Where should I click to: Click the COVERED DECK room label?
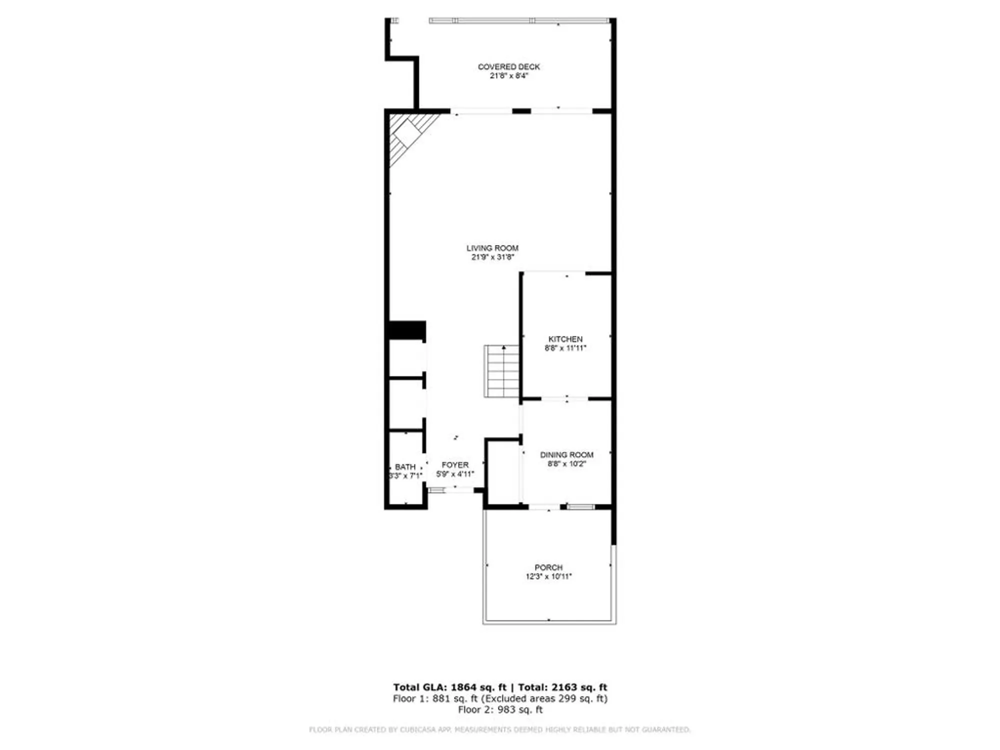click(x=508, y=66)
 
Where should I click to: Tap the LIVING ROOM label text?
click(x=492, y=248)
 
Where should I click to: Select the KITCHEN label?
click(x=565, y=339)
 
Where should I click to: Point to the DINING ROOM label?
click(x=566, y=454)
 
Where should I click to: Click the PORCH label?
click(x=548, y=567)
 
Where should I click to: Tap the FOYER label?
click(x=455, y=465)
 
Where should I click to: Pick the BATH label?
click(x=405, y=467)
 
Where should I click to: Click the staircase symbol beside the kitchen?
click(x=502, y=371)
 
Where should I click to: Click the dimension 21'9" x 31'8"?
click(x=492, y=257)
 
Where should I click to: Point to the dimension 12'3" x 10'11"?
click(x=548, y=576)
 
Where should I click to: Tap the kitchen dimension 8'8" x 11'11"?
click(x=565, y=348)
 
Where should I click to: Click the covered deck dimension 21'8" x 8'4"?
click(x=508, y=76)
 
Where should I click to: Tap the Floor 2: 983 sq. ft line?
click(x=500, y=709)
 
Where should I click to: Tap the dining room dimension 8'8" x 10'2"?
click(x=566, y=464)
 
